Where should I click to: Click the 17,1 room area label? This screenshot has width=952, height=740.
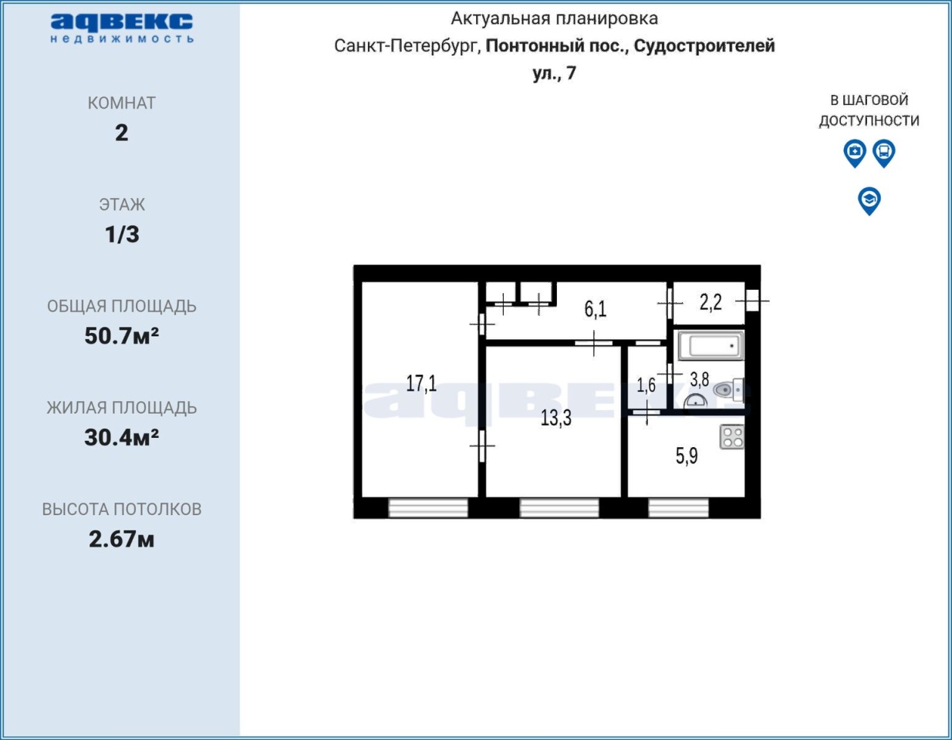pyautogui.click(x=421, y=383)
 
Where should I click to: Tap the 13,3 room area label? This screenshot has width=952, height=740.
pyautogui.click(x=556, y=418)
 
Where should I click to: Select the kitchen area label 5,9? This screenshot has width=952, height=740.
pyautogui.click(x=687, y=456)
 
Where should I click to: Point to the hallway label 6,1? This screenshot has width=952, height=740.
pyautogui.click(x=596, y=309)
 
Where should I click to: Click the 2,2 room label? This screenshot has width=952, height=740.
pyautogui.click(x=711, y=302)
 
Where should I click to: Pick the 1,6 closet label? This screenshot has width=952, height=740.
pyautogui.click(x=646, y=385)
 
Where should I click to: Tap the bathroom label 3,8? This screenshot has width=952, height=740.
pyautogui.click(x=700, y=379)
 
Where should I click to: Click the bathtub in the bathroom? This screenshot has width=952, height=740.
pyautogui.click(x=711, y=345)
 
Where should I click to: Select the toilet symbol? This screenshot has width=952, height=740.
pyautogui.click(x=728, y=389)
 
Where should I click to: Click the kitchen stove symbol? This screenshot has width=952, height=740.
pyautogui.click(x=732, y=437)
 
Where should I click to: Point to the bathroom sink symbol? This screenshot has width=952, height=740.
pyautogui.click(x=695, y=402)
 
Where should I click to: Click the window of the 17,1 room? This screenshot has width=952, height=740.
pyautogui.click(x=428, y=509)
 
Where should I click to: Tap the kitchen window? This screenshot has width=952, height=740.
pyautogui.click(x=679, y=509)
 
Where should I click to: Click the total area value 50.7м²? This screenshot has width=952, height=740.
pyautogui.click(x=121, y=336)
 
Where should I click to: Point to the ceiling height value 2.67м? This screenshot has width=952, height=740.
pyautogui.click(x=121, y=539)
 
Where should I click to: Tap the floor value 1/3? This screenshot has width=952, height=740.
pyautogui.click(x=122, y=234)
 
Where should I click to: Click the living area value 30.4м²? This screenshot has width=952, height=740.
pyautogui.click(x=121, y=438)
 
